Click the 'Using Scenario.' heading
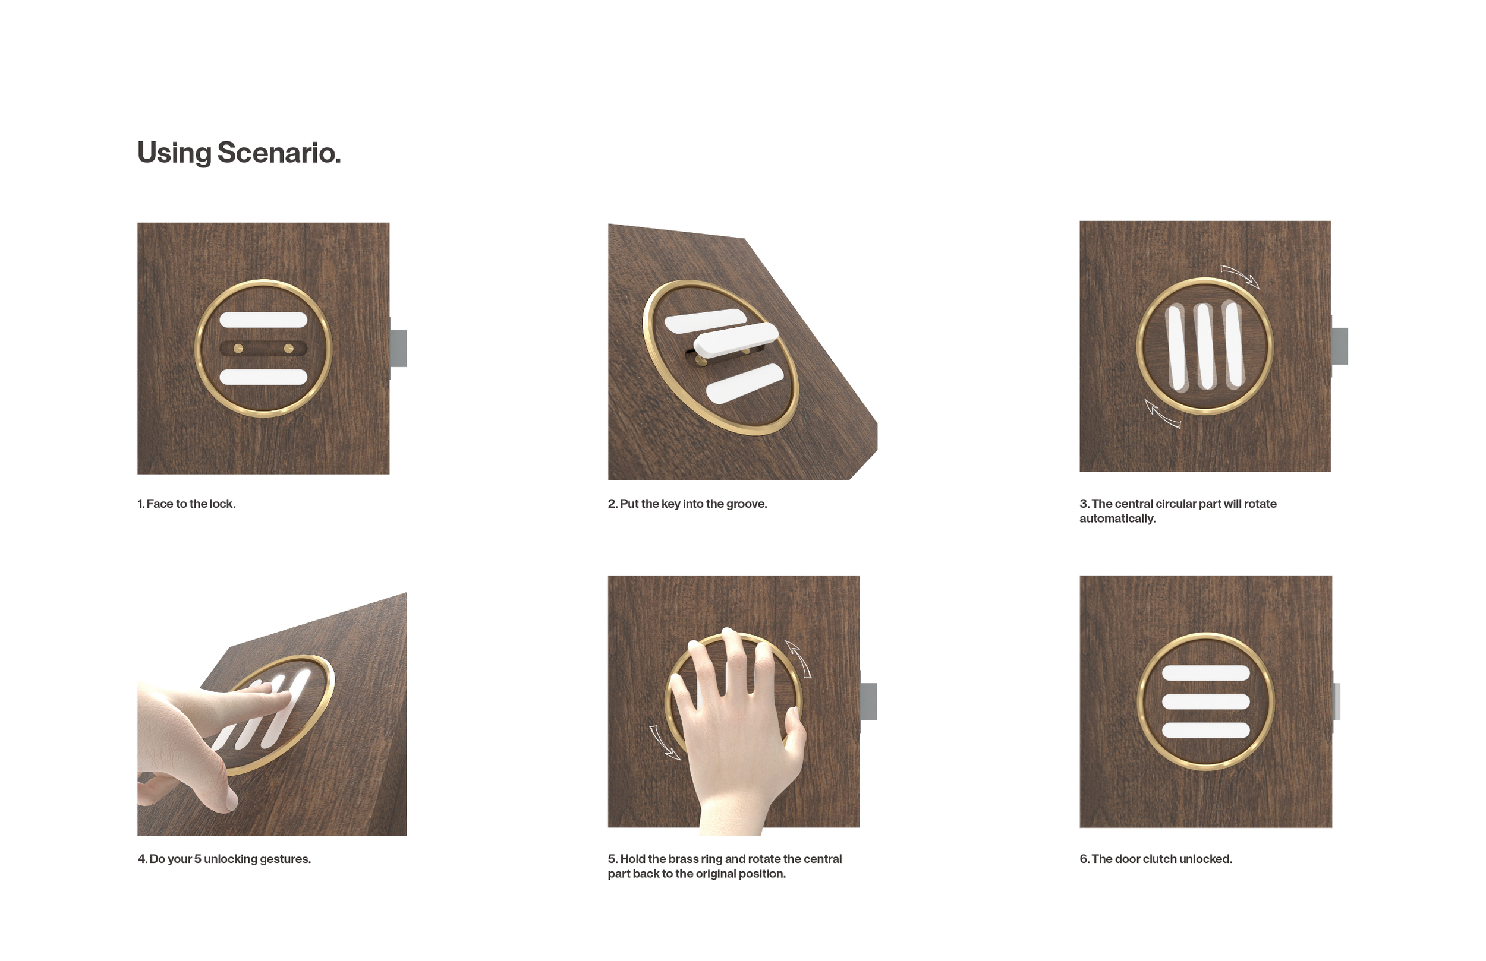point(239,153)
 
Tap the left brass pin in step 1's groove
point(238,349)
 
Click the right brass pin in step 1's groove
point(288,349)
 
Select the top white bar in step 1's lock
point(263,320)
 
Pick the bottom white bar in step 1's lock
point(263,377)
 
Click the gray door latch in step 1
point(398,348)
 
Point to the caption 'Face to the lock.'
point(191,504)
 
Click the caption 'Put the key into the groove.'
point(693,504)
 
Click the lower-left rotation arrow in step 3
point(1163,415)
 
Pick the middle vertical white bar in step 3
point(1205,346)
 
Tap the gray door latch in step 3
point(1340,346)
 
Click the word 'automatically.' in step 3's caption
point(1117,519)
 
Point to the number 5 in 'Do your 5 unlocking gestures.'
point(197,859)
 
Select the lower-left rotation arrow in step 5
point(665,742)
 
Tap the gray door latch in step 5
point(868,701)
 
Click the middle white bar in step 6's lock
point(1205,701)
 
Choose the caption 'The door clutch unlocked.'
point(1162,859)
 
